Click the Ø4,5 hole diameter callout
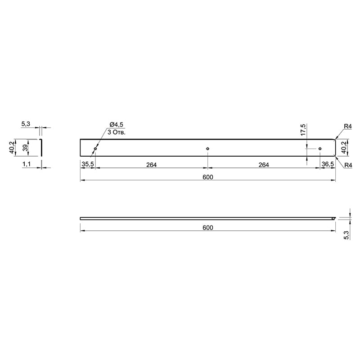click(x=117, y=125)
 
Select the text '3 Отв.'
click(x=117, y=132)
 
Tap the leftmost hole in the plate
click(x=95, y=149)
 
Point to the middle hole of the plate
click(x=207, y=149)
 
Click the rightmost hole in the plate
click(x=320, y=149)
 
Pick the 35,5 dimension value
click(x=88, y=164)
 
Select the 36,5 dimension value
click(x=328, y=164)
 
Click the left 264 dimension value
click(x=152, y=165)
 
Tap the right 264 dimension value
click(x=264, y=165)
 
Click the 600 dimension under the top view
click(x=208, y=177)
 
